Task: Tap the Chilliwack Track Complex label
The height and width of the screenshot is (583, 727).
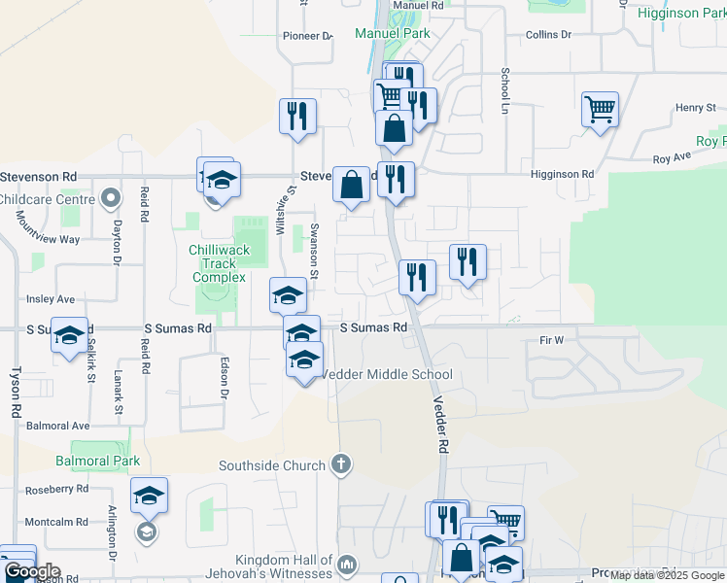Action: [219, 263]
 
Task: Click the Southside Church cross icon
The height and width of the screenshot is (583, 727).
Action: [340, 465]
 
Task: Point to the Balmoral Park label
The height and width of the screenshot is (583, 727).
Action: [97, 461]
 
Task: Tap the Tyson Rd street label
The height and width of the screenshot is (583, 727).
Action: [16, 392]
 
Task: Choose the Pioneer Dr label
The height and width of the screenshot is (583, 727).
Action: [307, 36]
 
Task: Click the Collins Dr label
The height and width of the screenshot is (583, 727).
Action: [548, 34]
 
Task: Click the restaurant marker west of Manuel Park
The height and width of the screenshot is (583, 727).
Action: [297, 116]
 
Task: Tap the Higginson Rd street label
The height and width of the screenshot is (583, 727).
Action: [562, 174]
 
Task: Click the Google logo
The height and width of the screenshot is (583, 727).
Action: [31, 571]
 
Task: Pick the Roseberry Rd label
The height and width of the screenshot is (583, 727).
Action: [56, 489]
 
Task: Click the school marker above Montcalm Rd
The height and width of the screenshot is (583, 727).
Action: [149, 496]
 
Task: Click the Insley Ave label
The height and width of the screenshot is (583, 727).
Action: [51, 298]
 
